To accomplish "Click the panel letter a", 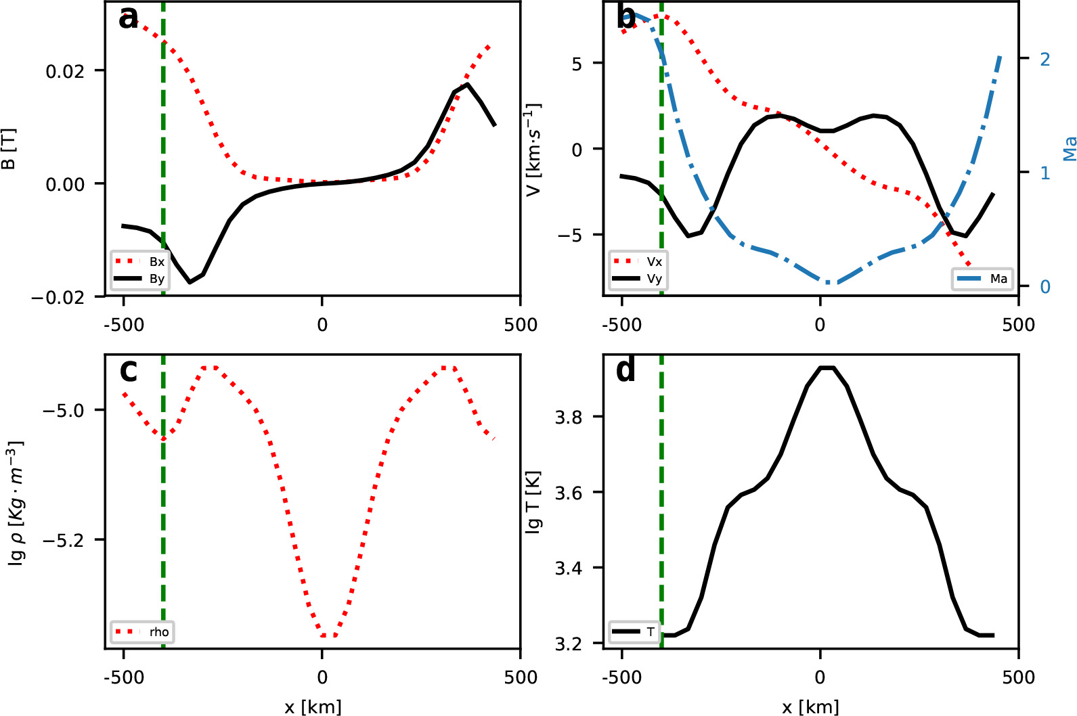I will point(128,18).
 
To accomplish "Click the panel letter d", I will point(626,370).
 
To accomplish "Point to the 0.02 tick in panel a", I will point(65,71).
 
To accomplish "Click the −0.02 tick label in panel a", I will point(58,297).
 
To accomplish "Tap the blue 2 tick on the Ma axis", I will point(1045,60).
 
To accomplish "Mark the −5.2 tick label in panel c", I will point(64,540).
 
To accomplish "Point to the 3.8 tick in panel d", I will point(569,417).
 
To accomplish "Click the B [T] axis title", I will point(9,149).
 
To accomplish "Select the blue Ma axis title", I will point(1069,149).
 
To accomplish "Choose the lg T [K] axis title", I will point(533,501).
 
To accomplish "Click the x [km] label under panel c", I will point(313,707).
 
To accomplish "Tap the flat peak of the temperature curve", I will point(827,367).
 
